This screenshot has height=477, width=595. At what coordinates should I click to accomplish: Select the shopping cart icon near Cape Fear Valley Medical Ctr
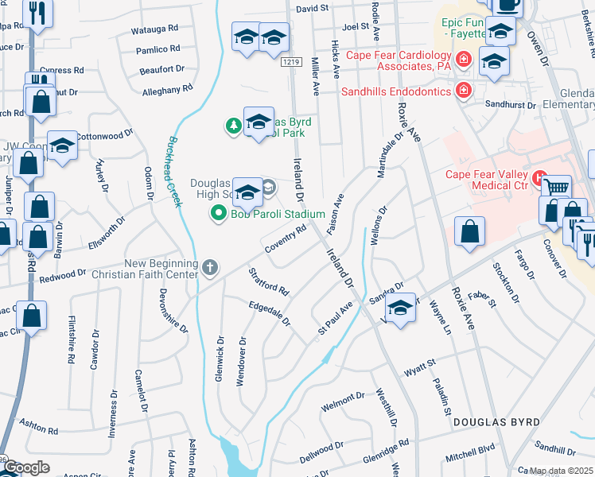556,188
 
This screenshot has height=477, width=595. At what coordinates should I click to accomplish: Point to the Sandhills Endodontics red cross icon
463,91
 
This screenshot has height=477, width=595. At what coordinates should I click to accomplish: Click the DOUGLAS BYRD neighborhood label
496,421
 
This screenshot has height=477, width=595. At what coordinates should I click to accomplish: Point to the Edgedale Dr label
270,315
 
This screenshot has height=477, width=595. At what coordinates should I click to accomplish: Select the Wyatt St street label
421,366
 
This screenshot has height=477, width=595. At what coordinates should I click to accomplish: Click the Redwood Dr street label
62,276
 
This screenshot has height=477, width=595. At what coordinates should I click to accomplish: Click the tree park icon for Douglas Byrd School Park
233,125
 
